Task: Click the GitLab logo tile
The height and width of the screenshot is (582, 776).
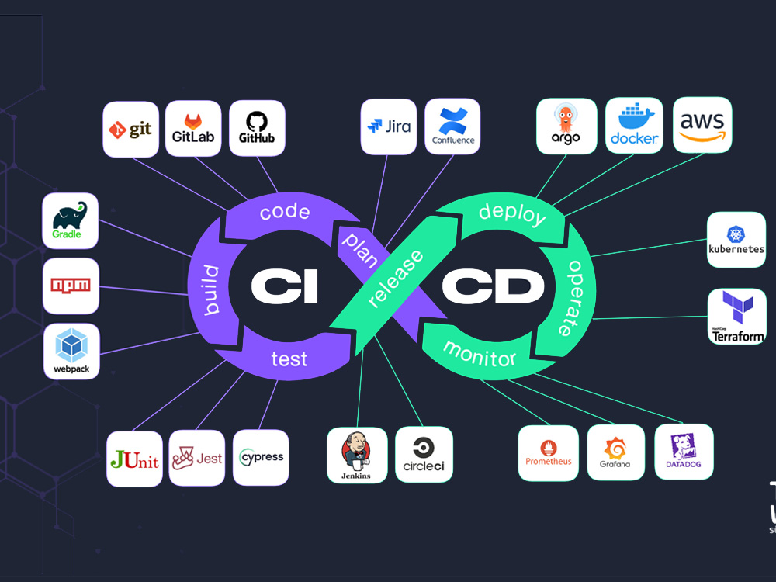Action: [x=193, y=129]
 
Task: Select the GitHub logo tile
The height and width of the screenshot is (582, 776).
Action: [x=257, y=129]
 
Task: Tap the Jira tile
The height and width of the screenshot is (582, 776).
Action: [x=389, y=126]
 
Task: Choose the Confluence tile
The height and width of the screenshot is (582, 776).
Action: [x=452, y=126]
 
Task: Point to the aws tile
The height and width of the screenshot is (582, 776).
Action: [x=702, y=125]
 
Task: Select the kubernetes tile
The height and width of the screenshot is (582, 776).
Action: [x=736, y=240]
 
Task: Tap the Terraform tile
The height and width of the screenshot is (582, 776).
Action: [x=737, y=317]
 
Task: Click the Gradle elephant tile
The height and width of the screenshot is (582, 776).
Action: [x=71, y=221]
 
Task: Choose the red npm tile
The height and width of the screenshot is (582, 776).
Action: [x=71, y=286]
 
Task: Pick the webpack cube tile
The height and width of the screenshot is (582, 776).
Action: [x=71, y=352]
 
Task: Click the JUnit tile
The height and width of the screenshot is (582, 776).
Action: [x=134, y=459]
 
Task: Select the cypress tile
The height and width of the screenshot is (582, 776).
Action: [x=261, y=458]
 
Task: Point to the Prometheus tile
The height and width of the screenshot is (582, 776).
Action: [x=548, y=453]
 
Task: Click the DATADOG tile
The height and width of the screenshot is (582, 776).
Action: [x=684, y=452]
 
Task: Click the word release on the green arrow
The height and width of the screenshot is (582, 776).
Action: [x=397, y=278]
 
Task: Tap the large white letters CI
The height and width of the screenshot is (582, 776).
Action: [x=284, y=286]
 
